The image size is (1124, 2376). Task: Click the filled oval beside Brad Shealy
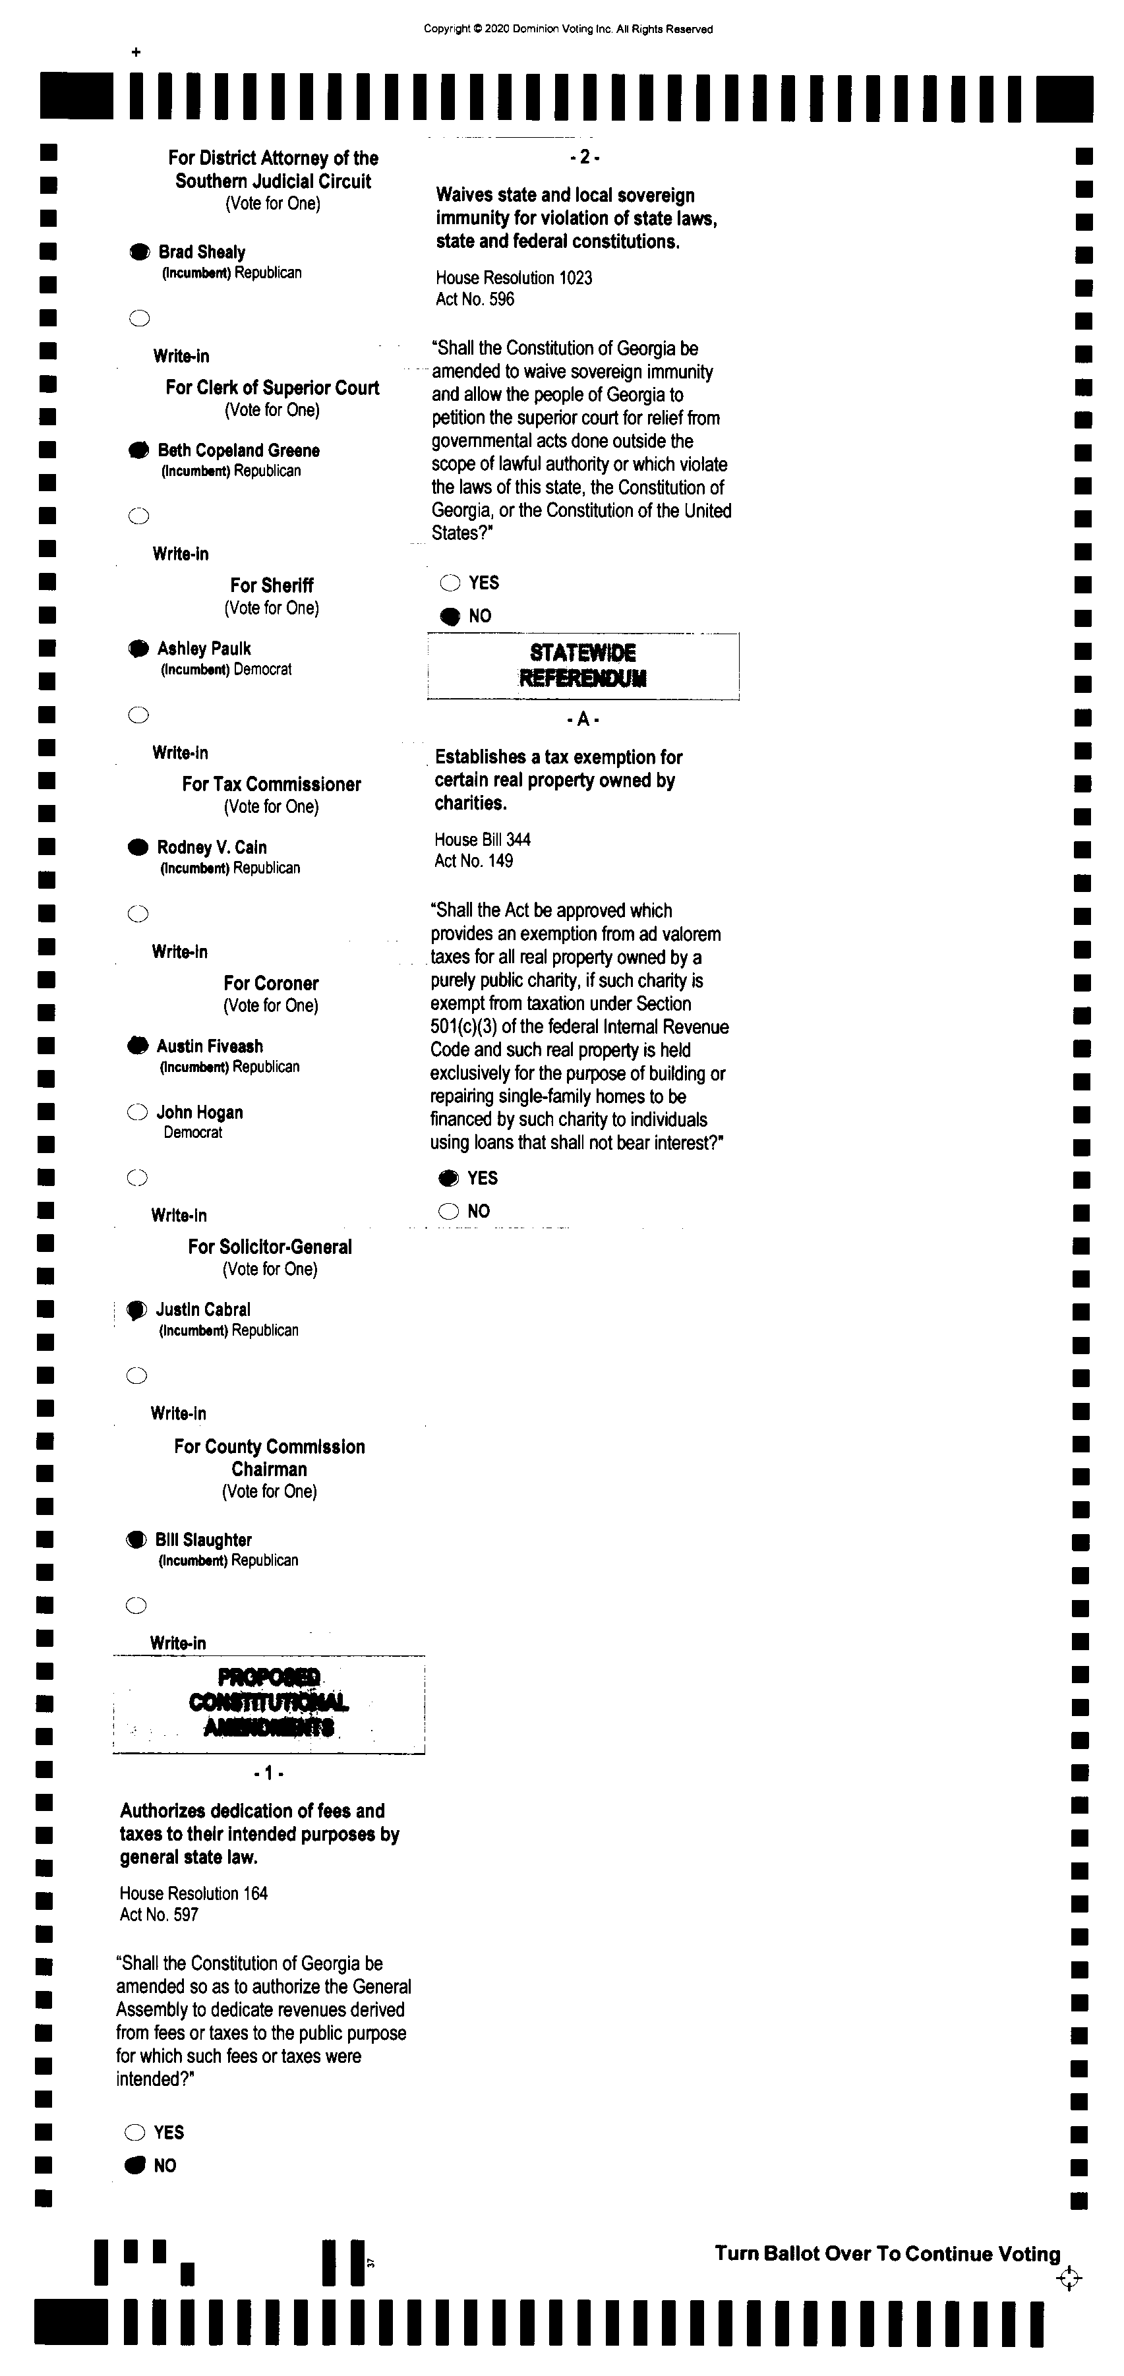point(139,252)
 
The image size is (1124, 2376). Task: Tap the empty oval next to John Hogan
point(137,1112)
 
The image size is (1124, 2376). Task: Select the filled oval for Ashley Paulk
point(138,649)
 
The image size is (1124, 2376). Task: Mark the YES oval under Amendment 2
point(450,583)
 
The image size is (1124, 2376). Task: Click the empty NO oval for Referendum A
point(448,1211)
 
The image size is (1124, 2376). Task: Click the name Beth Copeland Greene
point(239,450)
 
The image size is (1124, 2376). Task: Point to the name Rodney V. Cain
point(212,846)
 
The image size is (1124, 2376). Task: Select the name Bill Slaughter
point(204,1539)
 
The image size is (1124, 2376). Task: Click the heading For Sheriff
point(272,585)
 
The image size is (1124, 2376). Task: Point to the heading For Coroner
point(271,983)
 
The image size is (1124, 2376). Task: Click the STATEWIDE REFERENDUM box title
point(583,665)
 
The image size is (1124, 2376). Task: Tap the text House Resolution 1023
point(514,278)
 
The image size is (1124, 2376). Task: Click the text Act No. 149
point(474,860)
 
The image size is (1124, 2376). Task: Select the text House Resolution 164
point(194,1893)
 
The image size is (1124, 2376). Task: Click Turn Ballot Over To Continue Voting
point(887,2253)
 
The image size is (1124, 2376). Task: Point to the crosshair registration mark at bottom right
point(1069,2279)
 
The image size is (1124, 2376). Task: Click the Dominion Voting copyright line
point(568,28)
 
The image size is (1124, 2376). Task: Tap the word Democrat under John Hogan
point(192,1133)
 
